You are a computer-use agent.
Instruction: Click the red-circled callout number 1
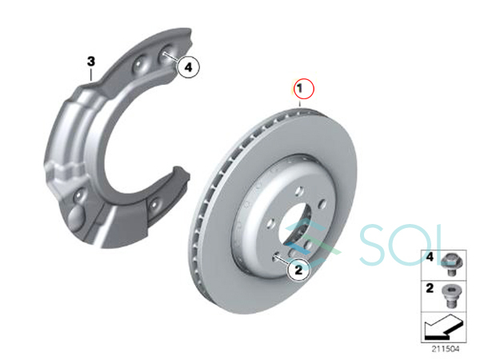tap(304, 89)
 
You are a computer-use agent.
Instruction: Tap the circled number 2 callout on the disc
tap(298, 270)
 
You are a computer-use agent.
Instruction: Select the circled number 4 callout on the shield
tap(188, 66)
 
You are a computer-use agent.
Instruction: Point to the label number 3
tap(91, 62)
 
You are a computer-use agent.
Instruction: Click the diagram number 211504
tap(446, 349)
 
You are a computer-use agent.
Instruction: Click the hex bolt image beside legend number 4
tap(452, 264)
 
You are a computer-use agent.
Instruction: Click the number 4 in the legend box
tap(430, 257)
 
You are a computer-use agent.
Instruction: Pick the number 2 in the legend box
tap(430, 288)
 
